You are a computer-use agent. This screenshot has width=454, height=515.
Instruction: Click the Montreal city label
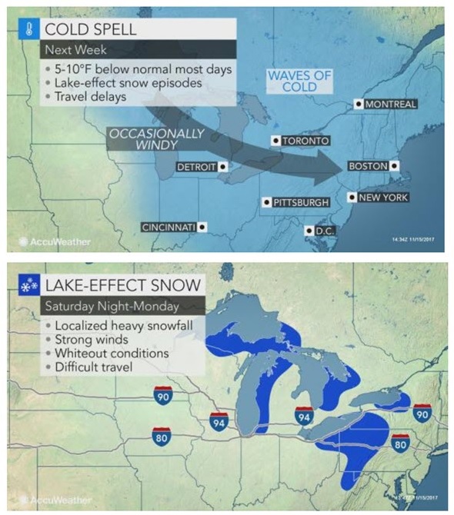point(390,104)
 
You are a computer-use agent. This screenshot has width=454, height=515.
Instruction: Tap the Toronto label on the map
point(305,141)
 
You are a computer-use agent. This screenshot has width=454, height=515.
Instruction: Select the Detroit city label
point(197,166)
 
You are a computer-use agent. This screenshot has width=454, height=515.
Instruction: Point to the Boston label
point(368,166)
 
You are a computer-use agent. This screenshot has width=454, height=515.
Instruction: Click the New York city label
point(382,198)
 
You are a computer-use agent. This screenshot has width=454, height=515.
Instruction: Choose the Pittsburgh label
point(300,202)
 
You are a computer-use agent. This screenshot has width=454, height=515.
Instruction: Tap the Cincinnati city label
point(169,227)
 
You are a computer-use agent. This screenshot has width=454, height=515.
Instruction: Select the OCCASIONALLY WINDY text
point(158,138)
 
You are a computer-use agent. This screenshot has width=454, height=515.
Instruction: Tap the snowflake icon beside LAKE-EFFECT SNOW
point(25,285)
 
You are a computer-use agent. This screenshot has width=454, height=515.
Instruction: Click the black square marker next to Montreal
point(358,104)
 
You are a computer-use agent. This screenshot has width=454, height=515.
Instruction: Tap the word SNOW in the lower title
point(174,285)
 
